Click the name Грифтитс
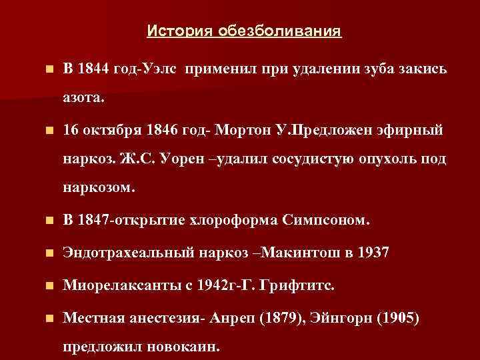[306, 286]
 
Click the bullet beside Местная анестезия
[44, 319]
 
